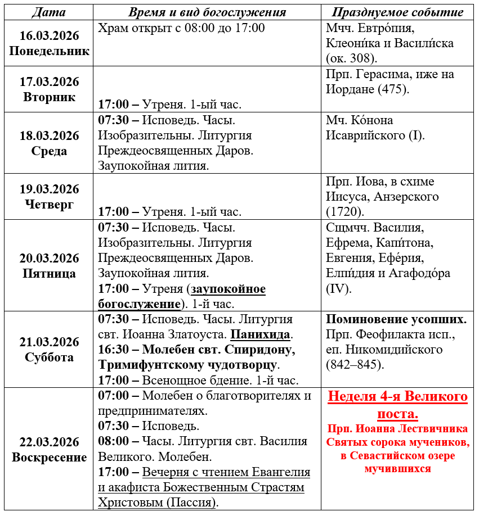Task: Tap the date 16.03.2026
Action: click(50, 35)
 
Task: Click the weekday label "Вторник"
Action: click(50, 97)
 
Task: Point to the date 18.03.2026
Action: click(50, 135)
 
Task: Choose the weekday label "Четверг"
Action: click(50, 204)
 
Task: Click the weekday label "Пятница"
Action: click(50, 274)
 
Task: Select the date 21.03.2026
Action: click(50, 342)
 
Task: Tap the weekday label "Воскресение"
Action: click(50, 457)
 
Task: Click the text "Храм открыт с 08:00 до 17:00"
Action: click(181, 28)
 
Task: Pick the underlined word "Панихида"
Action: click(261, 334)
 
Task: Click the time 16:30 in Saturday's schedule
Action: click(114, 350)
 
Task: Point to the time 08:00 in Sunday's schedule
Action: click(114, 441)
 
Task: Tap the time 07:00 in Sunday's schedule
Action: click(114, 395)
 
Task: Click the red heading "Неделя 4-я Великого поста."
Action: click(397, 405)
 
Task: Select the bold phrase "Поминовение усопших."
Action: click(396, 319)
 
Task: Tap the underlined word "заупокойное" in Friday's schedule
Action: click(229, 289)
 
